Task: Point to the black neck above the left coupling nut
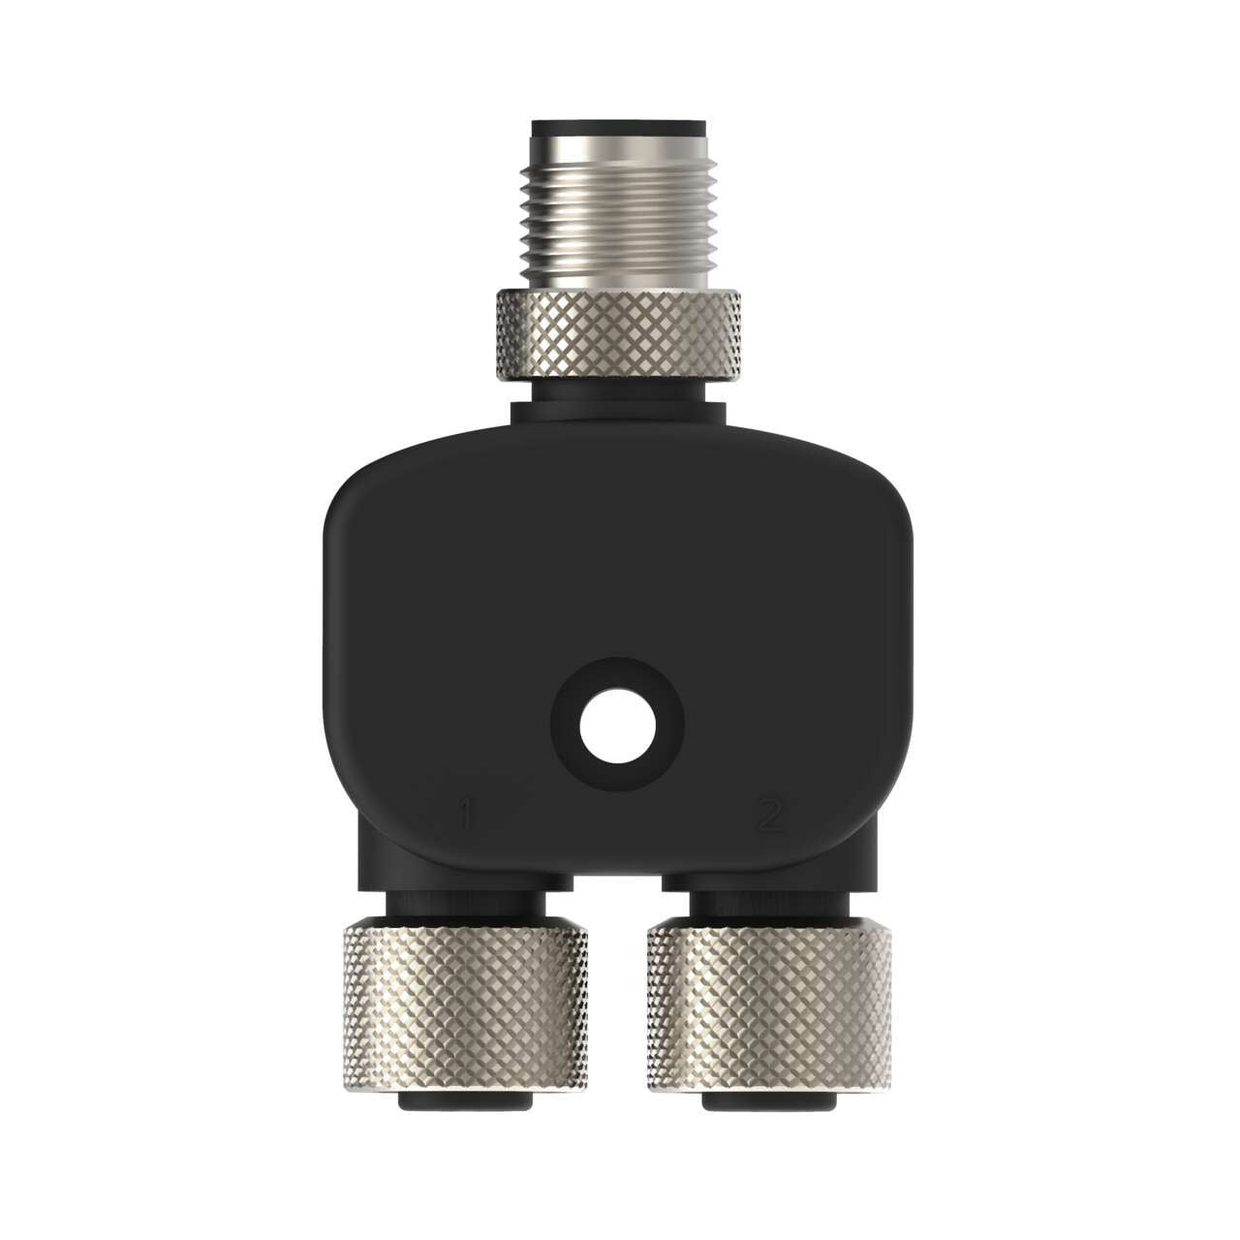[x=466, y=901]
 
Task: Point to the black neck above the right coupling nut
[x=769, y=901]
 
